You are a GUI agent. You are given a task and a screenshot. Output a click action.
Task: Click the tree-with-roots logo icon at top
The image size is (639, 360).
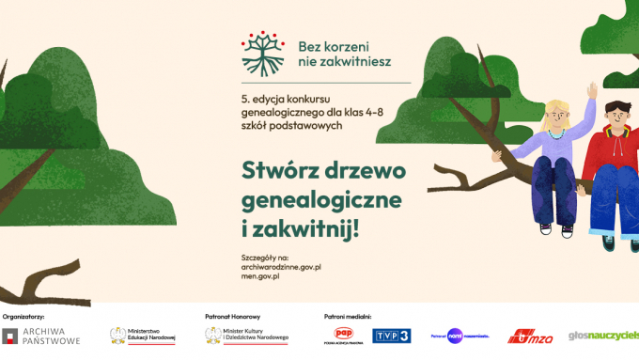(262, 54)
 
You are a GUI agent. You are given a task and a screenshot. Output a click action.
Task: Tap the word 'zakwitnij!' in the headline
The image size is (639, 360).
(309, 228)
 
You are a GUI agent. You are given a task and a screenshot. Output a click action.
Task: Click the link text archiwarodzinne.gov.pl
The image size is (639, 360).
(282, 268)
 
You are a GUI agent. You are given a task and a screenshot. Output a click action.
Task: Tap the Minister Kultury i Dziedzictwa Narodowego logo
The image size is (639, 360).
(247, 337)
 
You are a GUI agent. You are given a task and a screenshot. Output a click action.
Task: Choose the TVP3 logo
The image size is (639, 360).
(391, 336)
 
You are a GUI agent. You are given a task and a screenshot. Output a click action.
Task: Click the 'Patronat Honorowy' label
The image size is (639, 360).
(232, 317)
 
